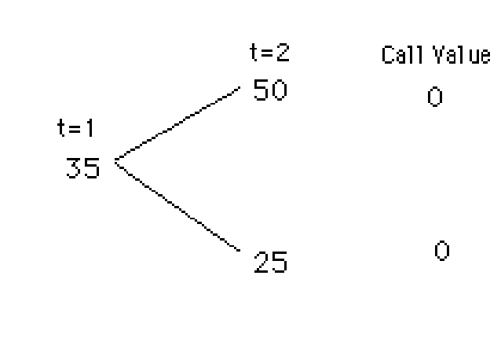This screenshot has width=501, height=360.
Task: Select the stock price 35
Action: click(83, 168)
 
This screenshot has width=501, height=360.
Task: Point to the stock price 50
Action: click(271, 90)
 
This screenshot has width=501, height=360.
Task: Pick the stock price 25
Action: click(271, 262)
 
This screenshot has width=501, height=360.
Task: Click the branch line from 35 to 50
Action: click(177, 126)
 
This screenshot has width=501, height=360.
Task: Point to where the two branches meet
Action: click(116, 162)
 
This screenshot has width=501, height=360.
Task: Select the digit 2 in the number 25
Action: click(261, 262)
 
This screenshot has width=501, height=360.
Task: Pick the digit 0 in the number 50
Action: click(280, 90)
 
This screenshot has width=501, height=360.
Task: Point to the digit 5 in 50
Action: click(261, 90)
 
